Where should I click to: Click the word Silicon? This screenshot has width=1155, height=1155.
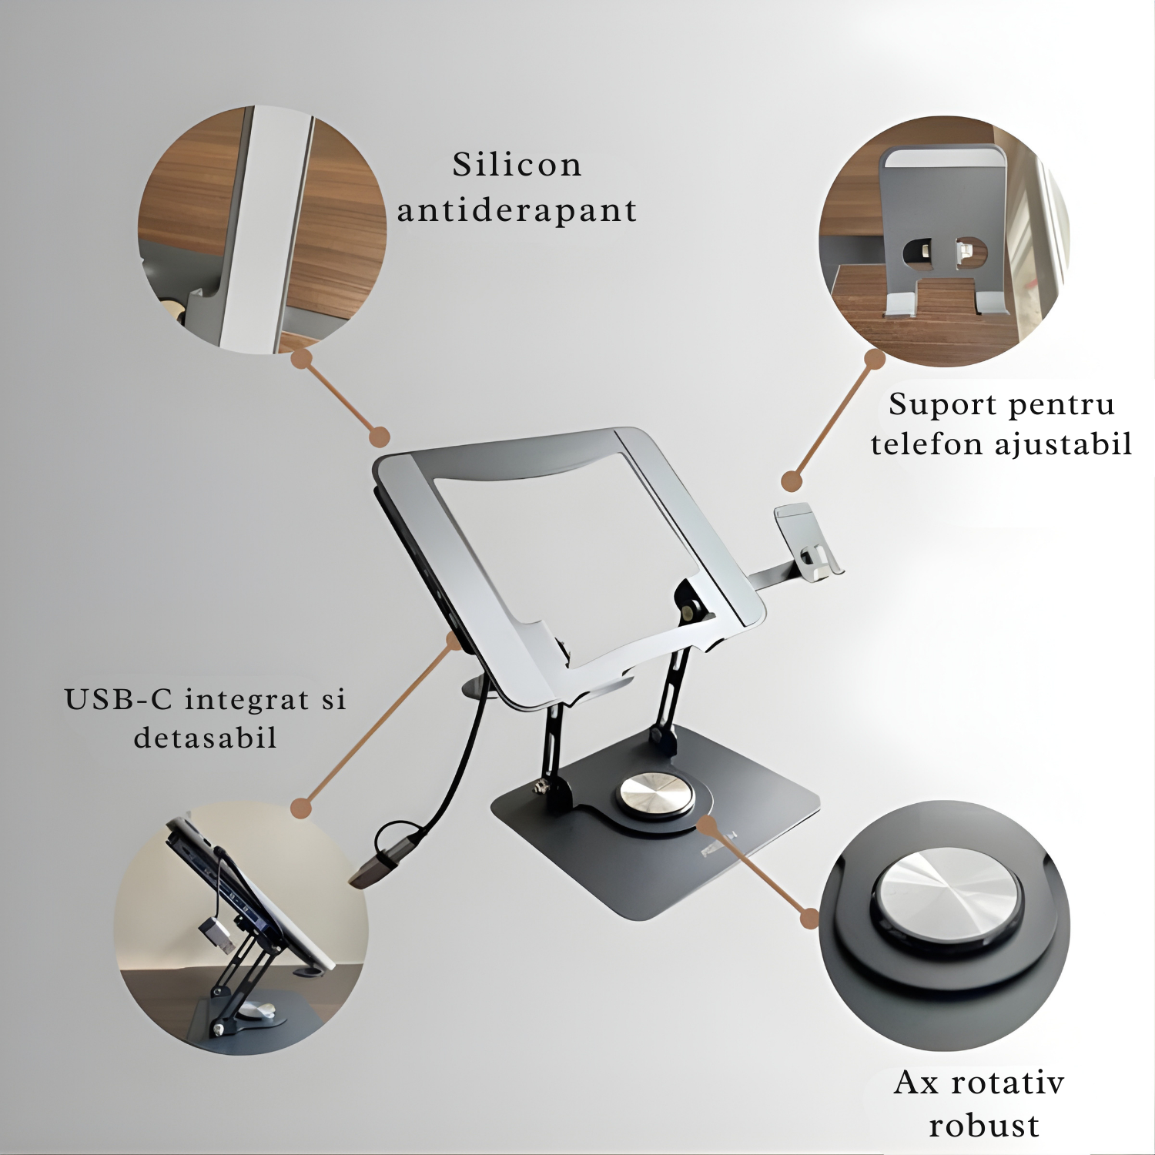tap(517, 164)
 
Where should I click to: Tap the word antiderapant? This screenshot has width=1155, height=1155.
tap(517, 210)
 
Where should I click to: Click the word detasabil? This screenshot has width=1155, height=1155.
tap(206, 738)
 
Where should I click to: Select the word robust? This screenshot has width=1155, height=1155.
tap(984, 1126)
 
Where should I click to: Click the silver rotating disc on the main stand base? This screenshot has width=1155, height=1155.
tap(656, 795)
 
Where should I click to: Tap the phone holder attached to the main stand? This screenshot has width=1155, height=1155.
tap(807, 541)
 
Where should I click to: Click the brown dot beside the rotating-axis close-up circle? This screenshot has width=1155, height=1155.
tap(809, 918)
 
